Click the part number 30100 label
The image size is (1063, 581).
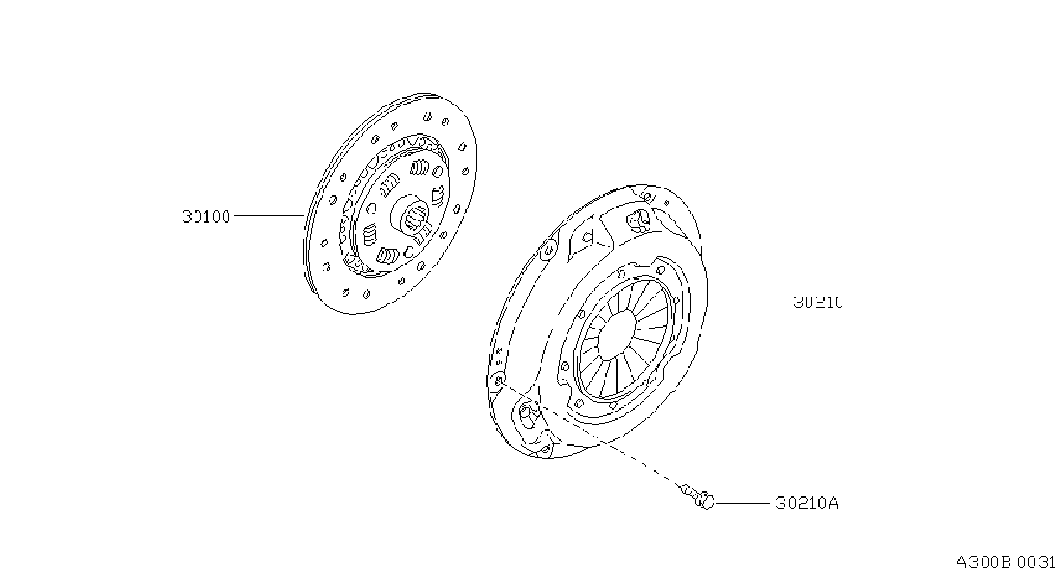pyautogui.click(x=206, y=217)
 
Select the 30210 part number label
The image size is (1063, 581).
pyautogui.click(x=818, y=303)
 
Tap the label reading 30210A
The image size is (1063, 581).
pyautogui.click(x=807, y=503)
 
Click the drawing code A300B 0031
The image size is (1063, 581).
pyautogui.click(x=1005, y=563)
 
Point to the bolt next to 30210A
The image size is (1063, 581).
pyautogui.click(x=698, y=496)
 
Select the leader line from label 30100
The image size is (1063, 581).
pyautogui.click(x=269, y=216)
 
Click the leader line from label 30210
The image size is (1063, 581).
pyautogui.click(x=750, y=303)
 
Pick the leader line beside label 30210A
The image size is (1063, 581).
pyautogui.click(x=742, y=502)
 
